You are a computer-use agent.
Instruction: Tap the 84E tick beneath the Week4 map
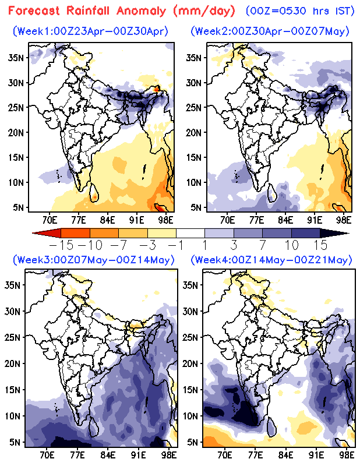point(285,453)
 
